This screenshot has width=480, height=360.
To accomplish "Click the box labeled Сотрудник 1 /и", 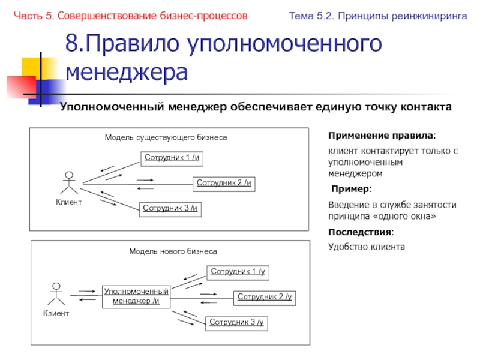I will [171, 158].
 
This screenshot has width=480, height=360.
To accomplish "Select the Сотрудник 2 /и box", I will [224, 184].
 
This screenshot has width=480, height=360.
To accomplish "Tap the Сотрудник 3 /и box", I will [170, 209].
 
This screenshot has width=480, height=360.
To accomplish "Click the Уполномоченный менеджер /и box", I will [136, 296].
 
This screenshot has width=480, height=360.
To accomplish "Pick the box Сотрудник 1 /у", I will [238, 272].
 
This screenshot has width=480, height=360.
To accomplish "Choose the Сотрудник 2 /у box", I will [265, 298].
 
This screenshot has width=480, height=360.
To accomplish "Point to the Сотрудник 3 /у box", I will [236, 323].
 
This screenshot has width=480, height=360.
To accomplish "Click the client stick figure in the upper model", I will [69, 184].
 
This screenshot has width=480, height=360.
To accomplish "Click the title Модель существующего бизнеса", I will [166, 137].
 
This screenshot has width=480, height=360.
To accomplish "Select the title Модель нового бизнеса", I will [173, 251].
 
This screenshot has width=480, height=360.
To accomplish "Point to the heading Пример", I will [352, 190].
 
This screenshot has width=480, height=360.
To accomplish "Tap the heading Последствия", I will [361, 232].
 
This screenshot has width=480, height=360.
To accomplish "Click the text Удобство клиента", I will [367, 246].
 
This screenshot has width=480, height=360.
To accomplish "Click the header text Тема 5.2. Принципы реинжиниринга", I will [378, 16].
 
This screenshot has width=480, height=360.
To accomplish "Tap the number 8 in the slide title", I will [72, 44].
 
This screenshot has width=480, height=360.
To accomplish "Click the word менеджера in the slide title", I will [127, 72].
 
